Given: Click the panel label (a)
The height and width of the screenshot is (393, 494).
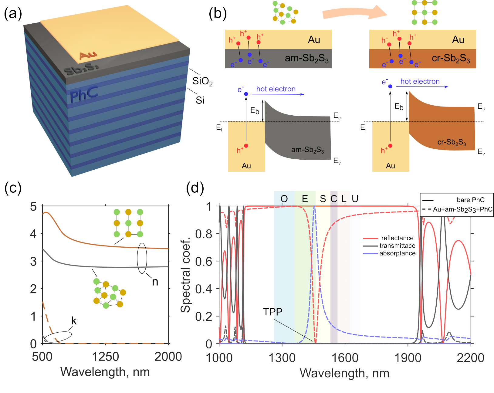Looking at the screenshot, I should coord(13,14).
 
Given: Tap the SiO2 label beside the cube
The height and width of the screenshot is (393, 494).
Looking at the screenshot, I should coord(202,81).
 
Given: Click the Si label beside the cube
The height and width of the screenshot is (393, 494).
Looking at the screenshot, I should coord(200,100).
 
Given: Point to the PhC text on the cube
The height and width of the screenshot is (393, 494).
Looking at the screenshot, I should coord(84,94).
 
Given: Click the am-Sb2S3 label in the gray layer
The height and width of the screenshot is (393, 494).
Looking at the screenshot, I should coord(306,58).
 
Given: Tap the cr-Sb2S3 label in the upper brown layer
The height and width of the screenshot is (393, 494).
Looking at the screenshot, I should coord(451,58).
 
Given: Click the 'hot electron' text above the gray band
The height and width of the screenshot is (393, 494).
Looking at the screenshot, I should coord(276,89).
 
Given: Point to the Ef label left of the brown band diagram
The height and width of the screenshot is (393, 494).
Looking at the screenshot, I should coord(363,128).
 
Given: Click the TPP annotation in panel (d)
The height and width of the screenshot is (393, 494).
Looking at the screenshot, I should coord(272,312).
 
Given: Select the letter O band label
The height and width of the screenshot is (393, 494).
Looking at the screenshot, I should coord(284,199).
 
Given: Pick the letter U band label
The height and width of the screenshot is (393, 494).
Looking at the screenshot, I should coord(355,199).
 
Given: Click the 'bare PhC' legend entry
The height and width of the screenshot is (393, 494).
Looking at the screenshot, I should coord(470,200).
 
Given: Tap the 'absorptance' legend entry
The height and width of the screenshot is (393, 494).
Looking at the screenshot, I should coord(397,253).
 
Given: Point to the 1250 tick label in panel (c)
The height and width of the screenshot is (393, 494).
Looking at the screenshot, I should coord(105,357).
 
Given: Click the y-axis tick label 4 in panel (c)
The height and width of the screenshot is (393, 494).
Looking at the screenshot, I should coord(33,234).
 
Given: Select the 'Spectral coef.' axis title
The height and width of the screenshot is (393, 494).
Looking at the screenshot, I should coord(185,275).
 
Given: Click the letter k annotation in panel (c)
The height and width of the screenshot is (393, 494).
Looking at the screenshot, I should coord(74,321).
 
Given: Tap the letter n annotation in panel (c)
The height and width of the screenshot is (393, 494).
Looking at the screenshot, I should coord(155,282).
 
